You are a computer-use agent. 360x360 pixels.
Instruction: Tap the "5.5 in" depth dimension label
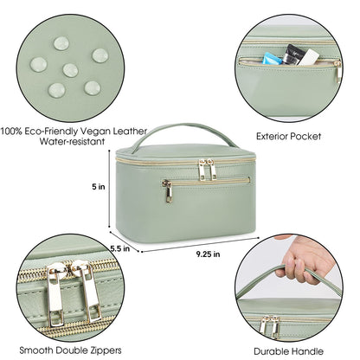pyautogui.click(x=120, y=248)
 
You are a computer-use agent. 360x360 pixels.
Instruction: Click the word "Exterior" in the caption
pyautogui.click(x=278, y=136)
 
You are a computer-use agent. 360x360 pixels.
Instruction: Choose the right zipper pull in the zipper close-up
pyautogui.click(x=89, y=295)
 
